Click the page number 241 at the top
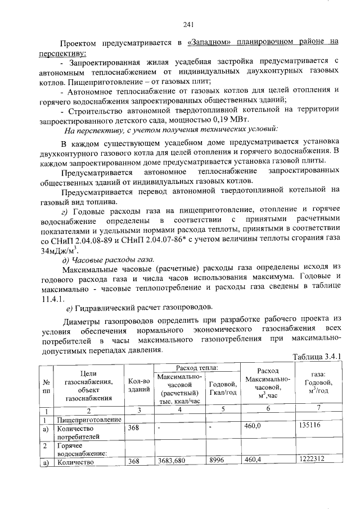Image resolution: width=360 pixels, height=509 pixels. pyautogui.click(x=188, y=24)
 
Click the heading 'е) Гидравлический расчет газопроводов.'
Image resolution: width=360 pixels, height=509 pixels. pyautogui.click(x=139, y=307)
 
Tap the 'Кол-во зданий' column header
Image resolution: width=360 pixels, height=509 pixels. pyautogui.click(x=138, y=385)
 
